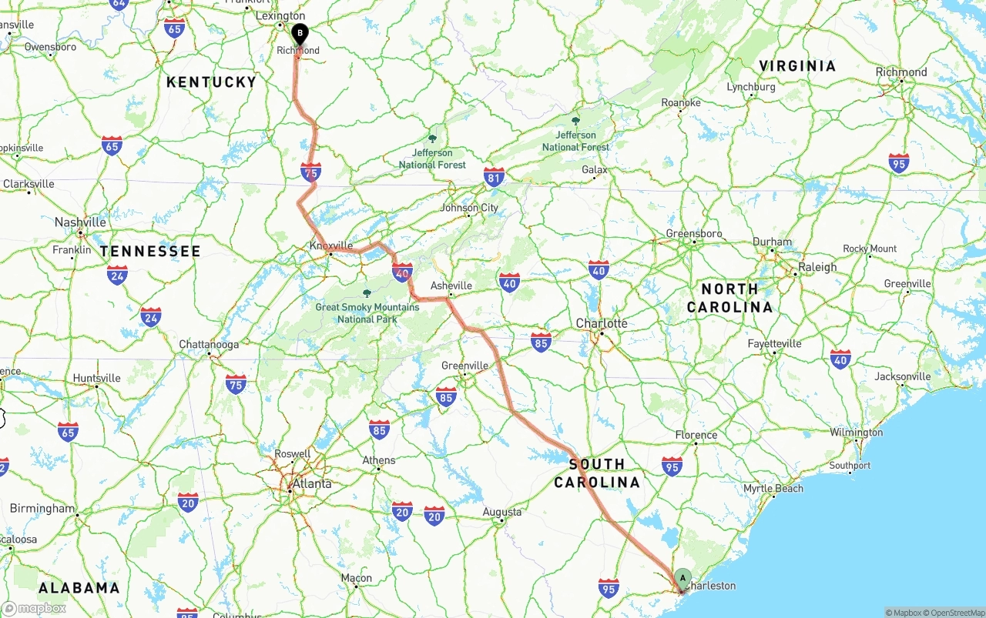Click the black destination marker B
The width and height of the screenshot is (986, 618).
click(x=300, y=33)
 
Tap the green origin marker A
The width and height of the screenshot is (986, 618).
click(x=682, y=578)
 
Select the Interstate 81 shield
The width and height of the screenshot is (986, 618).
click(x=494, y=176)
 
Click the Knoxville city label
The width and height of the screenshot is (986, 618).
click(x=331, y=246)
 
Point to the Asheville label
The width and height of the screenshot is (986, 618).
click(x=451, y=286)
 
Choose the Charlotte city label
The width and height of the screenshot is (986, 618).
click(x=602, y=323)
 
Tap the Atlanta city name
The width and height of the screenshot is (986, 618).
click(x=312, y=484)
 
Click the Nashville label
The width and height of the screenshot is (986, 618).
click(x=80, y=222)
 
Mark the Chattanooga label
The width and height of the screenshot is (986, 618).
click(x=209, y=344)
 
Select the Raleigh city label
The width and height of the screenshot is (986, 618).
click(x=817, y=267)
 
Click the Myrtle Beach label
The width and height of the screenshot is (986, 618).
click(x=773, y=489)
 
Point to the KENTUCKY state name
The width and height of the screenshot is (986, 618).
click(x=211, y=82)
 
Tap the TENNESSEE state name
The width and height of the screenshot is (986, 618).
click(x=150, y=251)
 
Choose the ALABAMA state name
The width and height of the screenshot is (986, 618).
click(x=79, y=588)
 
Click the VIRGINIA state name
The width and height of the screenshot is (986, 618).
click(x=797, y=66)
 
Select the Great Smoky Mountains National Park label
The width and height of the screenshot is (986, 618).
click(x=367, y=312)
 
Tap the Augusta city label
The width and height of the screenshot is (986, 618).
click(x=502, y=512)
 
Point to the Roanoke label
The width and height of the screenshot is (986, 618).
click(x=681, y=102)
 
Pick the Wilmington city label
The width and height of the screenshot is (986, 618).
click(x=856, y=433)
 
